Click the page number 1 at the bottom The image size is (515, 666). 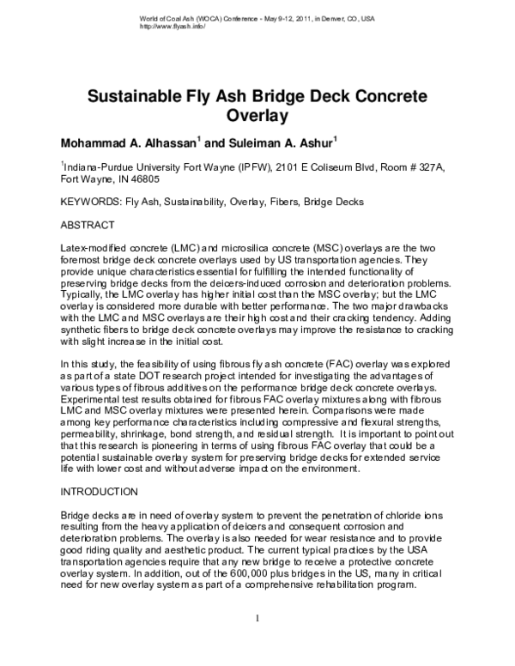click(x=257, y=641)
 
